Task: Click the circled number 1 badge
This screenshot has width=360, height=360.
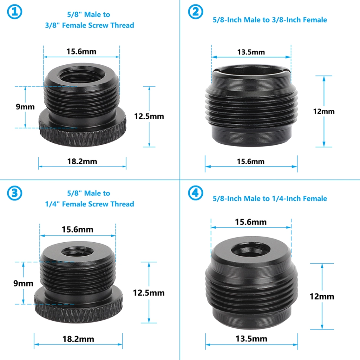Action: point(15,12)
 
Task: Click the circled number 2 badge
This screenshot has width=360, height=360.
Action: point(196,12)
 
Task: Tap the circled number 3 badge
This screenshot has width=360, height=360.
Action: point(15,193)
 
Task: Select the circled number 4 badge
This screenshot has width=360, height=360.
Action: point(196,193)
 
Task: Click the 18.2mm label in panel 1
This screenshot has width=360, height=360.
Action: point(82,162)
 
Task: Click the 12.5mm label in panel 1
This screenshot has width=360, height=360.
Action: point(149,116)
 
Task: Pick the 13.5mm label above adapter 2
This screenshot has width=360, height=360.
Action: point(251,52)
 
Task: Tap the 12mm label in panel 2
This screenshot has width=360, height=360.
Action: point(324,111)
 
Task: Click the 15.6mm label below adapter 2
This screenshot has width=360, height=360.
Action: point(251,162)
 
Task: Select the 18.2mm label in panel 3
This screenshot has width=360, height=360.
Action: point(78,339)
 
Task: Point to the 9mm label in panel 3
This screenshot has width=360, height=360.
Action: point(23,283)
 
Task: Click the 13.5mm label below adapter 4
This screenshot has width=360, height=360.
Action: point(251,339)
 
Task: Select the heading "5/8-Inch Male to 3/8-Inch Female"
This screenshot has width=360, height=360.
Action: point(270,19)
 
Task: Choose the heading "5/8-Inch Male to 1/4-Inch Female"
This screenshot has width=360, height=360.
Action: point(270,198)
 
